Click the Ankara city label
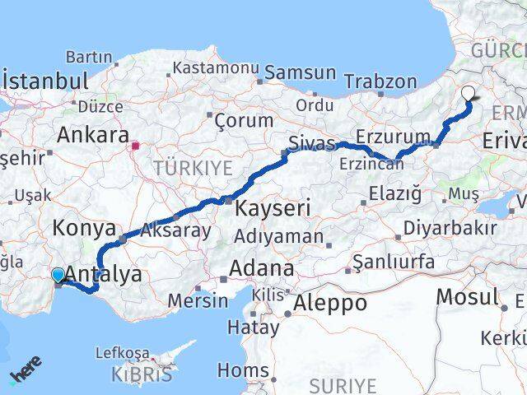(x=93, y=135)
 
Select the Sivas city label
(x=311, y=145)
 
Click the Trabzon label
(x=380, y=81)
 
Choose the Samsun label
(x=301, y=73)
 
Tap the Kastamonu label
(x=217, y=67)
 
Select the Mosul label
(x=467, y=296)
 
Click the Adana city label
(x=261, y=268)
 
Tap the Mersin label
(x=198, y=300)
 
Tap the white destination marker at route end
(x=469, y=94)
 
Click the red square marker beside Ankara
(x=136, y=147)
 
